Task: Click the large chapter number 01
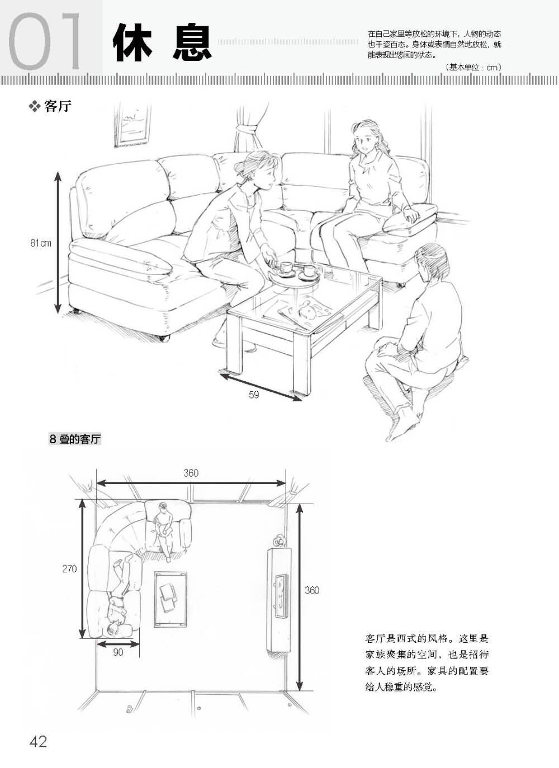[45, 41]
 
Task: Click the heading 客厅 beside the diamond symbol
[58, 107]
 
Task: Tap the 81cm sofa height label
[40, 243]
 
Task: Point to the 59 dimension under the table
[254, 395]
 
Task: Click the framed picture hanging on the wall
[132, 125]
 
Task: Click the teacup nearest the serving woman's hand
[285, 268]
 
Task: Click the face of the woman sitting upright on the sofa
[364, 141]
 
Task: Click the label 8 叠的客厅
[75, 439]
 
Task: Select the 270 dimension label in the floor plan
[69, 569]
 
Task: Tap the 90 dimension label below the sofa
[118, 652]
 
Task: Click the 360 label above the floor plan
[191, 473]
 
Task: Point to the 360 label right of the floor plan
[312, 590]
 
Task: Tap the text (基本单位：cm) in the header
[473, 67]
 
